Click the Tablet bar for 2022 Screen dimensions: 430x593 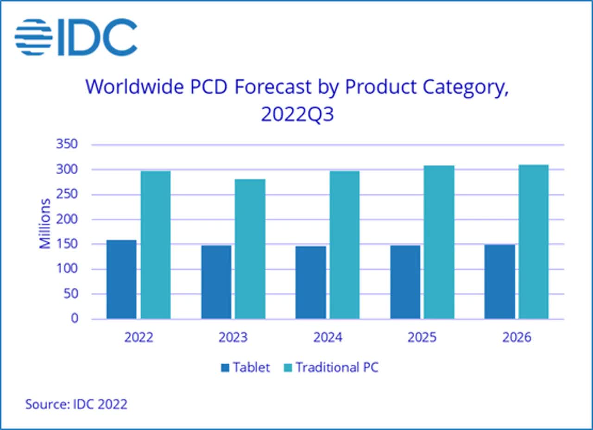(121, 279)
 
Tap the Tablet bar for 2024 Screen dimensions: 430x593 (310, 282)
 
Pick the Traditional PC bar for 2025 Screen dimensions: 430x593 (439, 242)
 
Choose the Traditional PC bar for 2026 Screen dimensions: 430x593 (534, 241)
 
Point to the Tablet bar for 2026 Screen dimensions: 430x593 (499, 281)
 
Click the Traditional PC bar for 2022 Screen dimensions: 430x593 (156, 245)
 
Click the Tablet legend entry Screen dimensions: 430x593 (245, 368)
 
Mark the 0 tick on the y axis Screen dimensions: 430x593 (74, 319)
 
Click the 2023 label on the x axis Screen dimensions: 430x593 (233, 337)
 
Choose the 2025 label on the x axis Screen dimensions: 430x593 (422, 337)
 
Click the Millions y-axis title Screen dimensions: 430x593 (45, 223)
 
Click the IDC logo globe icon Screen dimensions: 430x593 (33, 37)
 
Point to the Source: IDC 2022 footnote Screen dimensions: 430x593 (76, 404)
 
